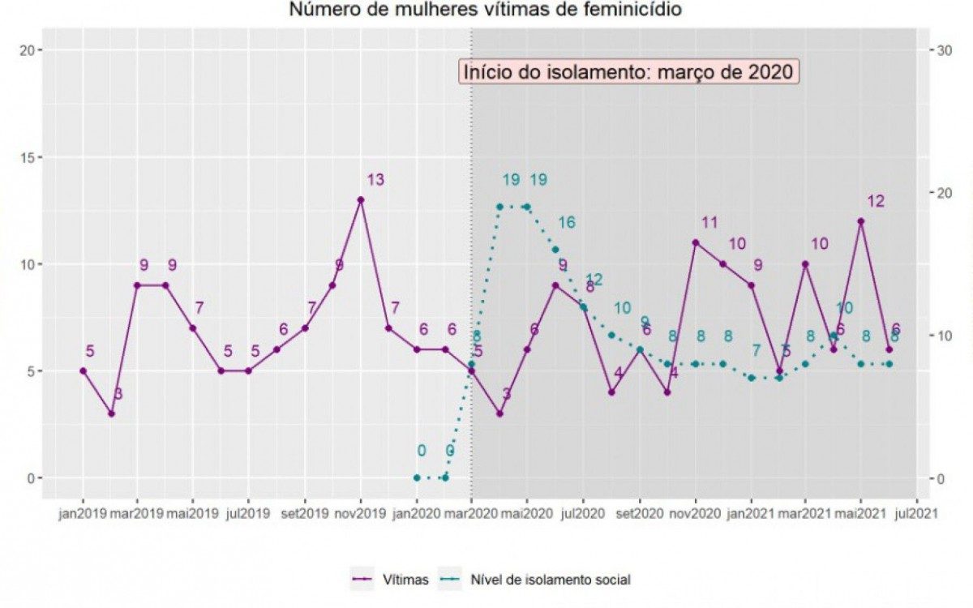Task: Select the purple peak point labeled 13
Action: (361, 199)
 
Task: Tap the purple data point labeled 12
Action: (861, 221)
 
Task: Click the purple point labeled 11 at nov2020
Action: (695, 242)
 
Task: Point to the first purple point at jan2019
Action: (83, 370)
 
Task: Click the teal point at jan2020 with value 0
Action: (417, 477)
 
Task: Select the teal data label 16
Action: (566, 222)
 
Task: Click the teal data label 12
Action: (594, 280)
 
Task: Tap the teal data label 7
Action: (757, 351)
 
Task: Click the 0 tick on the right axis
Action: (940, 477)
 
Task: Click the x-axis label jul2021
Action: (917, 514)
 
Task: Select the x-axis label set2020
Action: (639, 514)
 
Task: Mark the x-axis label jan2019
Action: (83, 514)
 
